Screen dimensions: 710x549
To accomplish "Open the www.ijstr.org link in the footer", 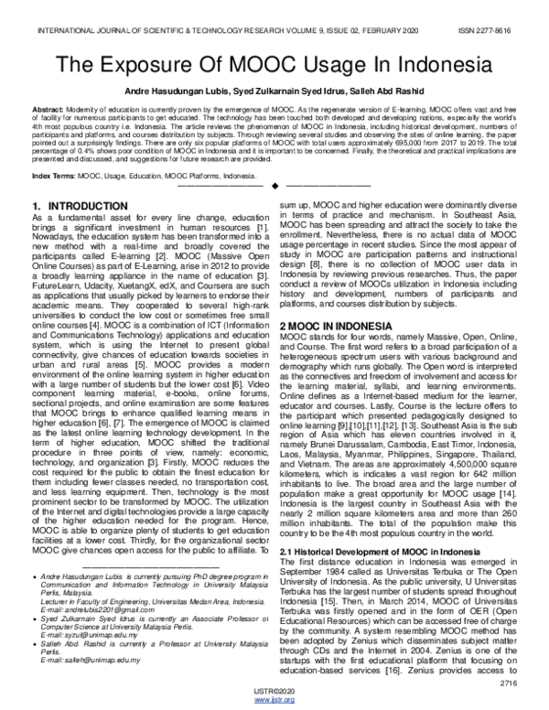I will [x=274, y=702].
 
